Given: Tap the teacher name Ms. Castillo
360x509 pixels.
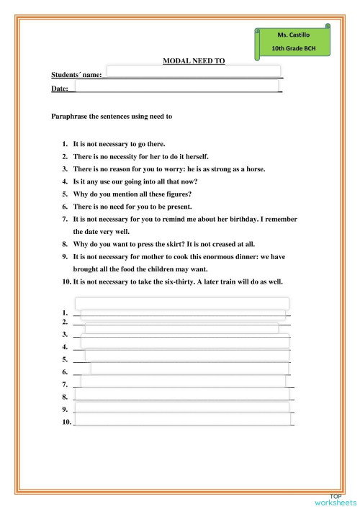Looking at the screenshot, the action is pyautogui.click(x=292, y=35).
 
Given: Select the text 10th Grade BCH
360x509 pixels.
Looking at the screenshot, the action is pyautogui.click(x=292, y=48).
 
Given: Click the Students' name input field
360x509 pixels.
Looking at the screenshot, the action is pyautogui.click(x=192, y=73).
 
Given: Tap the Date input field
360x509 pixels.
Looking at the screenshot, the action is pyautogui.click(x=176, y=87).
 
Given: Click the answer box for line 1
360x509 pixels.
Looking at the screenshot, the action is pyautogui.click(x=184, y=314).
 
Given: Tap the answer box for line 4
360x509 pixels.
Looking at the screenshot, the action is pyautogui.click(x=186, y=346).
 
